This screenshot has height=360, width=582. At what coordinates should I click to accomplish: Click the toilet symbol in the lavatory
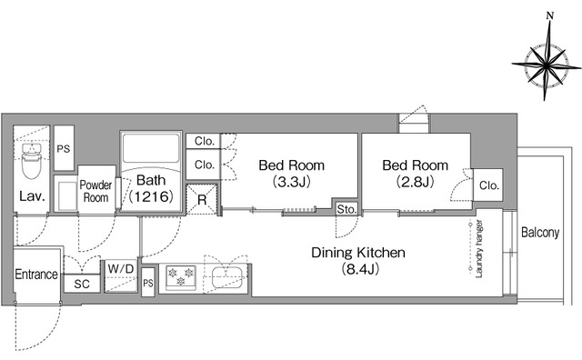pos(31,162)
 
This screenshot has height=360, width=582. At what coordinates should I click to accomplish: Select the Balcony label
pos(540,233)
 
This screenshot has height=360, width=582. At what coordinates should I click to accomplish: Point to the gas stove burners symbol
pos(181,277)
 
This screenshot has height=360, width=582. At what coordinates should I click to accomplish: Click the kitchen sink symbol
pos(227,277)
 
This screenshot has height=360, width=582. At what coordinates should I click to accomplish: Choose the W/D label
pos(121,269)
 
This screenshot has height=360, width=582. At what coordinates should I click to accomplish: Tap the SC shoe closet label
pos(82,284)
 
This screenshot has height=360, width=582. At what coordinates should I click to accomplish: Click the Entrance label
pos(36,275)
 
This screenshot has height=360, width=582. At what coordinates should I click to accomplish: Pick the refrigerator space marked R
pos(202,200)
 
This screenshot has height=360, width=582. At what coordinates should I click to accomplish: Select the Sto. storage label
pos(346,210)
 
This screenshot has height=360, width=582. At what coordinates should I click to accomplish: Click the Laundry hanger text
pos(479,248)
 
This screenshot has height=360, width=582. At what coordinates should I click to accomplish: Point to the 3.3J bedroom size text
pos(291,182)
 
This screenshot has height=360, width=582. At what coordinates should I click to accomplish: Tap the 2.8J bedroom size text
pos(416,182)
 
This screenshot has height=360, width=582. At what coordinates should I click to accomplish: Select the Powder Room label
pos(95,191)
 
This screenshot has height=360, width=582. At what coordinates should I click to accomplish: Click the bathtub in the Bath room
pos(151,147)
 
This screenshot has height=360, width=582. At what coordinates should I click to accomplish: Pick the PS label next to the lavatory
pos(64,149)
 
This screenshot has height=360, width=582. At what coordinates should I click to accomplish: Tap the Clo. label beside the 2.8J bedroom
pos(489,185)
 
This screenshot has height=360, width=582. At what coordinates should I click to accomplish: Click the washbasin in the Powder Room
pos(67,195)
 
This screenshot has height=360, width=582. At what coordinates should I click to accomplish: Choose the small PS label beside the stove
pos(148,283)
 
